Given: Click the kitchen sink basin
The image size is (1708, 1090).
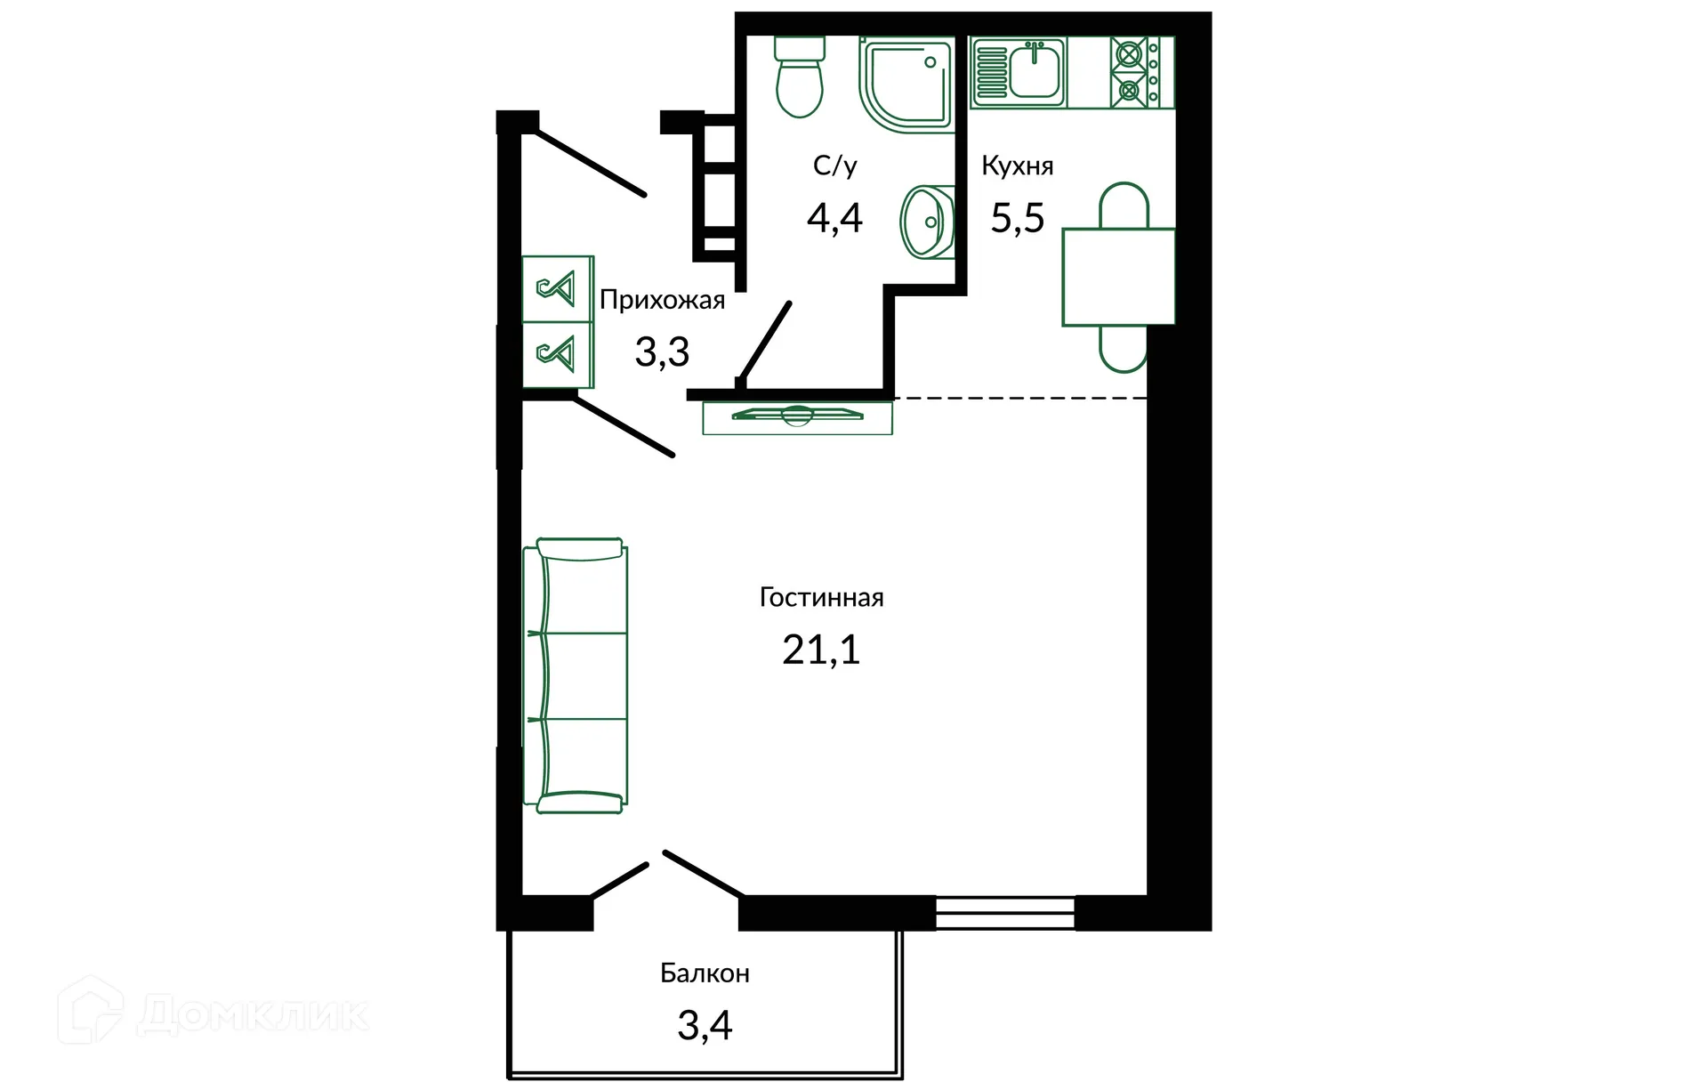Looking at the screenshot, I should (1034, 70).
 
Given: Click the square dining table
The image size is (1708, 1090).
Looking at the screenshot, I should (1118, 277).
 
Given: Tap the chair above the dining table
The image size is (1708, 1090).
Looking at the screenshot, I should (1124, 206).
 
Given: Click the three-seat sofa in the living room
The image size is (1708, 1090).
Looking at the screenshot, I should (576, 676).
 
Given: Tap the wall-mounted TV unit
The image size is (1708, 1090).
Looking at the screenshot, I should (797, 417).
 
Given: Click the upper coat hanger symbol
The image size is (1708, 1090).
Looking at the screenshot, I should (557, 289).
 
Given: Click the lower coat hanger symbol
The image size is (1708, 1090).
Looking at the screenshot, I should (557, 354).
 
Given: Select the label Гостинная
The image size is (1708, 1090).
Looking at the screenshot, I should (821, 597).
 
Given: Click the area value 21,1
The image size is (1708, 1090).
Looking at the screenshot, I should (821, 650).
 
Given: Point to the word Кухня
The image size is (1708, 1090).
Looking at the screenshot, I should (1017, 166).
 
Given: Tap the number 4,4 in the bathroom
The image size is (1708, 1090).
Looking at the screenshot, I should (834, 218).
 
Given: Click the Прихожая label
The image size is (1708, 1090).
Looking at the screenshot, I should (662, 301).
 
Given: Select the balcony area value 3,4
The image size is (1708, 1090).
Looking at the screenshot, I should (705, 1026).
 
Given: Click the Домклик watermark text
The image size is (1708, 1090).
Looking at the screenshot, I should (254, 1015).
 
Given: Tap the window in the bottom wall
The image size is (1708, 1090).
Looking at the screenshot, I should (1005, 913).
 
